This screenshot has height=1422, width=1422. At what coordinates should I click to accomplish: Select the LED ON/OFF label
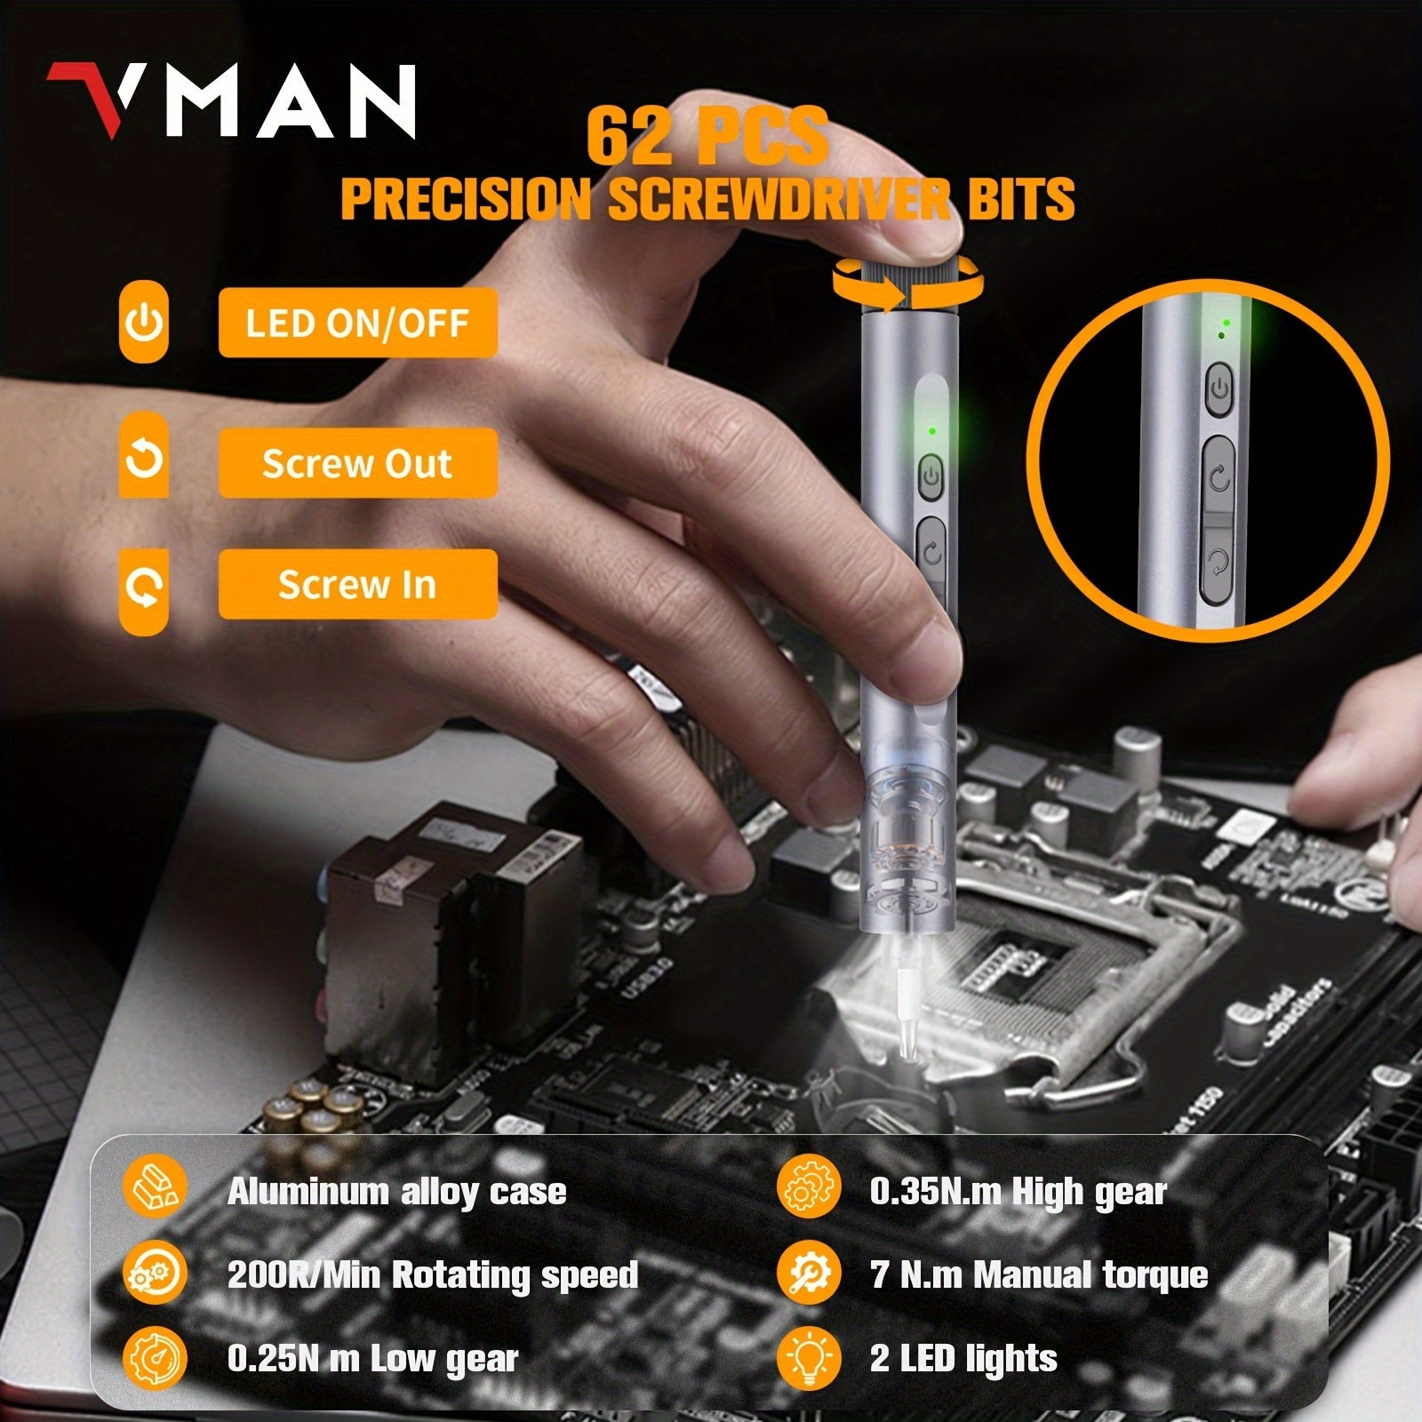pyautogui.click(x=357, y=324)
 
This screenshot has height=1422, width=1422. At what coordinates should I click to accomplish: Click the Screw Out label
pyautogui.click(x=357, y=464)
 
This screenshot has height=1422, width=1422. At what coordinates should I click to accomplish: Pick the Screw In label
pyautogui.click(x=357, y=585)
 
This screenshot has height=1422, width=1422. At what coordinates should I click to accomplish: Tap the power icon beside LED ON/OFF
pyautogui.click(x=144, y=323)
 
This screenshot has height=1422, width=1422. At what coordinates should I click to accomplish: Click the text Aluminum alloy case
pyautogui.click(x=396, y=1192)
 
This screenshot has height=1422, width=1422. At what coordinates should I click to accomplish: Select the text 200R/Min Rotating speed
pyautogui.click(x=433, y=1275)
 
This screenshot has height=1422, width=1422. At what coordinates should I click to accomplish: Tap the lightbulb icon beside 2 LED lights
pyautogui.click(x=808, y=1358)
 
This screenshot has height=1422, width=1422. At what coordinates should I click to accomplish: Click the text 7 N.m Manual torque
pyautogui.click(x=1039, y=1275)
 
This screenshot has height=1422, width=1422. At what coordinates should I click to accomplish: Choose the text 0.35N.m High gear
pyautogui.click(x=1018, y=1192)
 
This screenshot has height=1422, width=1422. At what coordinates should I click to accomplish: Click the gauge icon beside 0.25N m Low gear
pyautogui.click(x=156, y=1358)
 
